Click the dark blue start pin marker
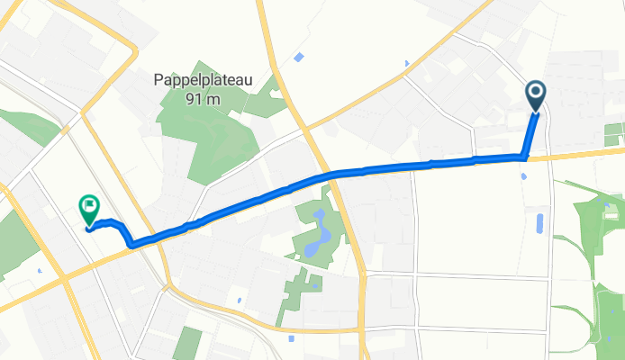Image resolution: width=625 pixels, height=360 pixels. click(x=536, y=94)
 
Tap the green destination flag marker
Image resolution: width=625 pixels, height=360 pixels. click(x=89, y=209)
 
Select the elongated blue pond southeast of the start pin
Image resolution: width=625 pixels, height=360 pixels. click(x=539, y=221)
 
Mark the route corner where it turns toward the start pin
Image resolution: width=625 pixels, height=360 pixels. click(x=523, y=157)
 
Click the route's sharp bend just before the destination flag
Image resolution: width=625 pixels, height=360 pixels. click(x=132, y=243)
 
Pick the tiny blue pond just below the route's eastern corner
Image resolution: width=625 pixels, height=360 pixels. click(x=523, y=175)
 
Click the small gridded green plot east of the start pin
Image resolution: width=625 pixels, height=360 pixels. click(x=614, y=133)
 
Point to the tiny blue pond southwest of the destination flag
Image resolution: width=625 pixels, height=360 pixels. click(x=41, y=269)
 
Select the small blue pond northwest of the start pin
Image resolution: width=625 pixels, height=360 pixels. click(x=406, y=63)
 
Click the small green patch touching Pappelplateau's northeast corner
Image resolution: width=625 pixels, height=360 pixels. click(x=262, y=101)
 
